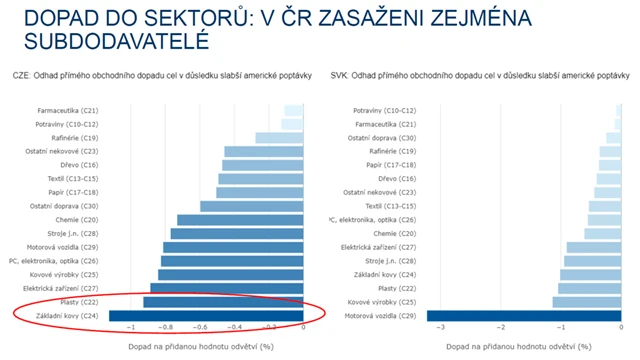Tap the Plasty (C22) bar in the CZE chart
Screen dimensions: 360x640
click(223, 302)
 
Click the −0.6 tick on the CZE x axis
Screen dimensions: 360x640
click(199, 327)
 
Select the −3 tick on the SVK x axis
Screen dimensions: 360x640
click(441, 327)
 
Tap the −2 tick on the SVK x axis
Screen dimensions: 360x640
click(501, 327)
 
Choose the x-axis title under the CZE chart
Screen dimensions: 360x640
click(200, 346)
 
